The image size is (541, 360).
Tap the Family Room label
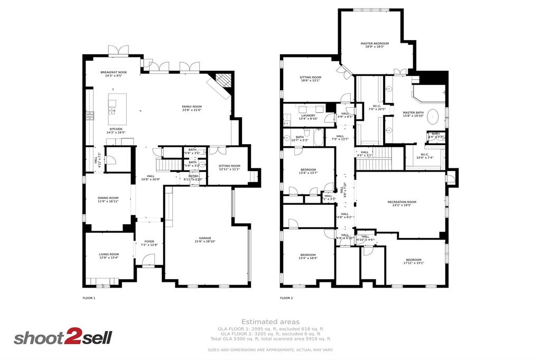[192, 108]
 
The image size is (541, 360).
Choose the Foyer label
[150, 243]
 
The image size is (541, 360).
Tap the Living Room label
[109, 256]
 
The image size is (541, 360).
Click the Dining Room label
[108, 200]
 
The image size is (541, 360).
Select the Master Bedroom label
[375, 45]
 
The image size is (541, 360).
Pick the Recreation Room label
[402, 203]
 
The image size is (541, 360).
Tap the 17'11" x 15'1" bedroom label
[414, 261]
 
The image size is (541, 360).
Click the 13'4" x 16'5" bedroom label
[308, 257]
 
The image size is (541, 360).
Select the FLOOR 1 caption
[89, 298]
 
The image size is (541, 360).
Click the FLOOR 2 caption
[286, 298]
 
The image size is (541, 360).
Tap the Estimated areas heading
[270, 321]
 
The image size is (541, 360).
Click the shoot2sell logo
[62, 338]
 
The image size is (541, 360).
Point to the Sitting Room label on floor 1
[229, 167]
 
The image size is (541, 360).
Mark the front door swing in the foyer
[148, 260]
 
